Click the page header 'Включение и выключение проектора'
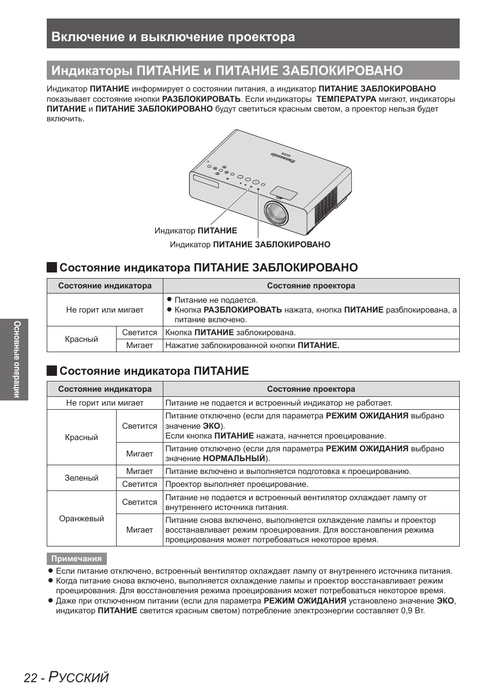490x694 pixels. pyautogui.click(x=173, y=36)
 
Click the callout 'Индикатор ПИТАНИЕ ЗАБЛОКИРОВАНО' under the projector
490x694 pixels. pyautogui.click(x=250, y=245)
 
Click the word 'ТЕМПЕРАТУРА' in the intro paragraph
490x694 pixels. pyautogui.click(x=346, y=99)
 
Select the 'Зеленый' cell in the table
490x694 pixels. pyautogui.click(x=81, y=478)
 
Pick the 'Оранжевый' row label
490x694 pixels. pyautogui.click(x=81, y=518)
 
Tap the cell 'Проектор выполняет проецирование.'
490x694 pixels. pyautogui.click(x=237, y=484)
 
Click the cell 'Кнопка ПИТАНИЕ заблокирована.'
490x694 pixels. pyautogui.click(x=230, y=333)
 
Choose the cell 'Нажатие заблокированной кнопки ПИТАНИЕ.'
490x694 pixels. pyautogui.click(x=252, y=345)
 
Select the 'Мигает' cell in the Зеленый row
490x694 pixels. pyautogui.click(x=139, y=471)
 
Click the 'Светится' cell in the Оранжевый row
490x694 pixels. pyautogui.click(x=139, y=502)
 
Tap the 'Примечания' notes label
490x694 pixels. pyautogui.click(x=77, y=559)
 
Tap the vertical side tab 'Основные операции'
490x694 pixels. pyautogui.click(x=17, y=359)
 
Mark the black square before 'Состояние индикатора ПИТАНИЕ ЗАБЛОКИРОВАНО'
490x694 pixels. pyautogui.click(x=51, y=267)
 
